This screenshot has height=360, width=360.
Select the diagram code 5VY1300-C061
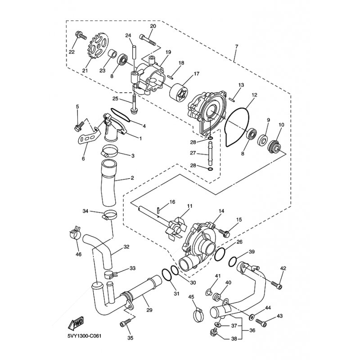pos(84,336)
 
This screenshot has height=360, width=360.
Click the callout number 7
pos(237,46)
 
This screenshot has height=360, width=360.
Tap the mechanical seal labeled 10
pos(274,147)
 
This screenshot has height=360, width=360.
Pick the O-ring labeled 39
pos(233,261)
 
